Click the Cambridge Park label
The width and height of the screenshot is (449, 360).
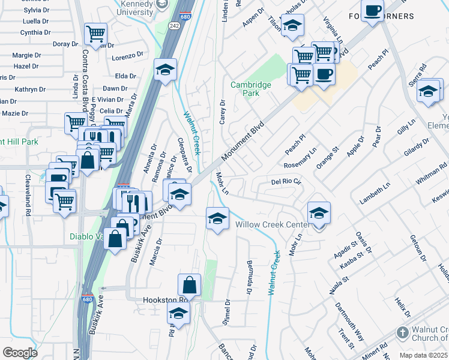(x=251, y=89)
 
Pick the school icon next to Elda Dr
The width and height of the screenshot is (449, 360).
(x=165, y=70)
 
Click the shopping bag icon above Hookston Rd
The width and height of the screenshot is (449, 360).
(x=189, y=284)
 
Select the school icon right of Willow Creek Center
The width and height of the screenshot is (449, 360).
(x=319, y=213)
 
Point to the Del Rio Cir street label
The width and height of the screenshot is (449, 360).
(x=285, y=181)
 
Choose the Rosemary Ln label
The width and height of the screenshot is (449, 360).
(x=301, y=160)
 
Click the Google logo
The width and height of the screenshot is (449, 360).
(x=20, y=352)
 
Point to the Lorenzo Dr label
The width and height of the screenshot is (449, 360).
(x=127, y=58)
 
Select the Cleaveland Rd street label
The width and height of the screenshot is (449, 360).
(x=28, y=196)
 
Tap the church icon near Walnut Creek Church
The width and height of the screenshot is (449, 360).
(x=402, y=332)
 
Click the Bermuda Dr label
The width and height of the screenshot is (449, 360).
(x=249, y=277)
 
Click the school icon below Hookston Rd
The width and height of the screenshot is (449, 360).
(x=178, y=313)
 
